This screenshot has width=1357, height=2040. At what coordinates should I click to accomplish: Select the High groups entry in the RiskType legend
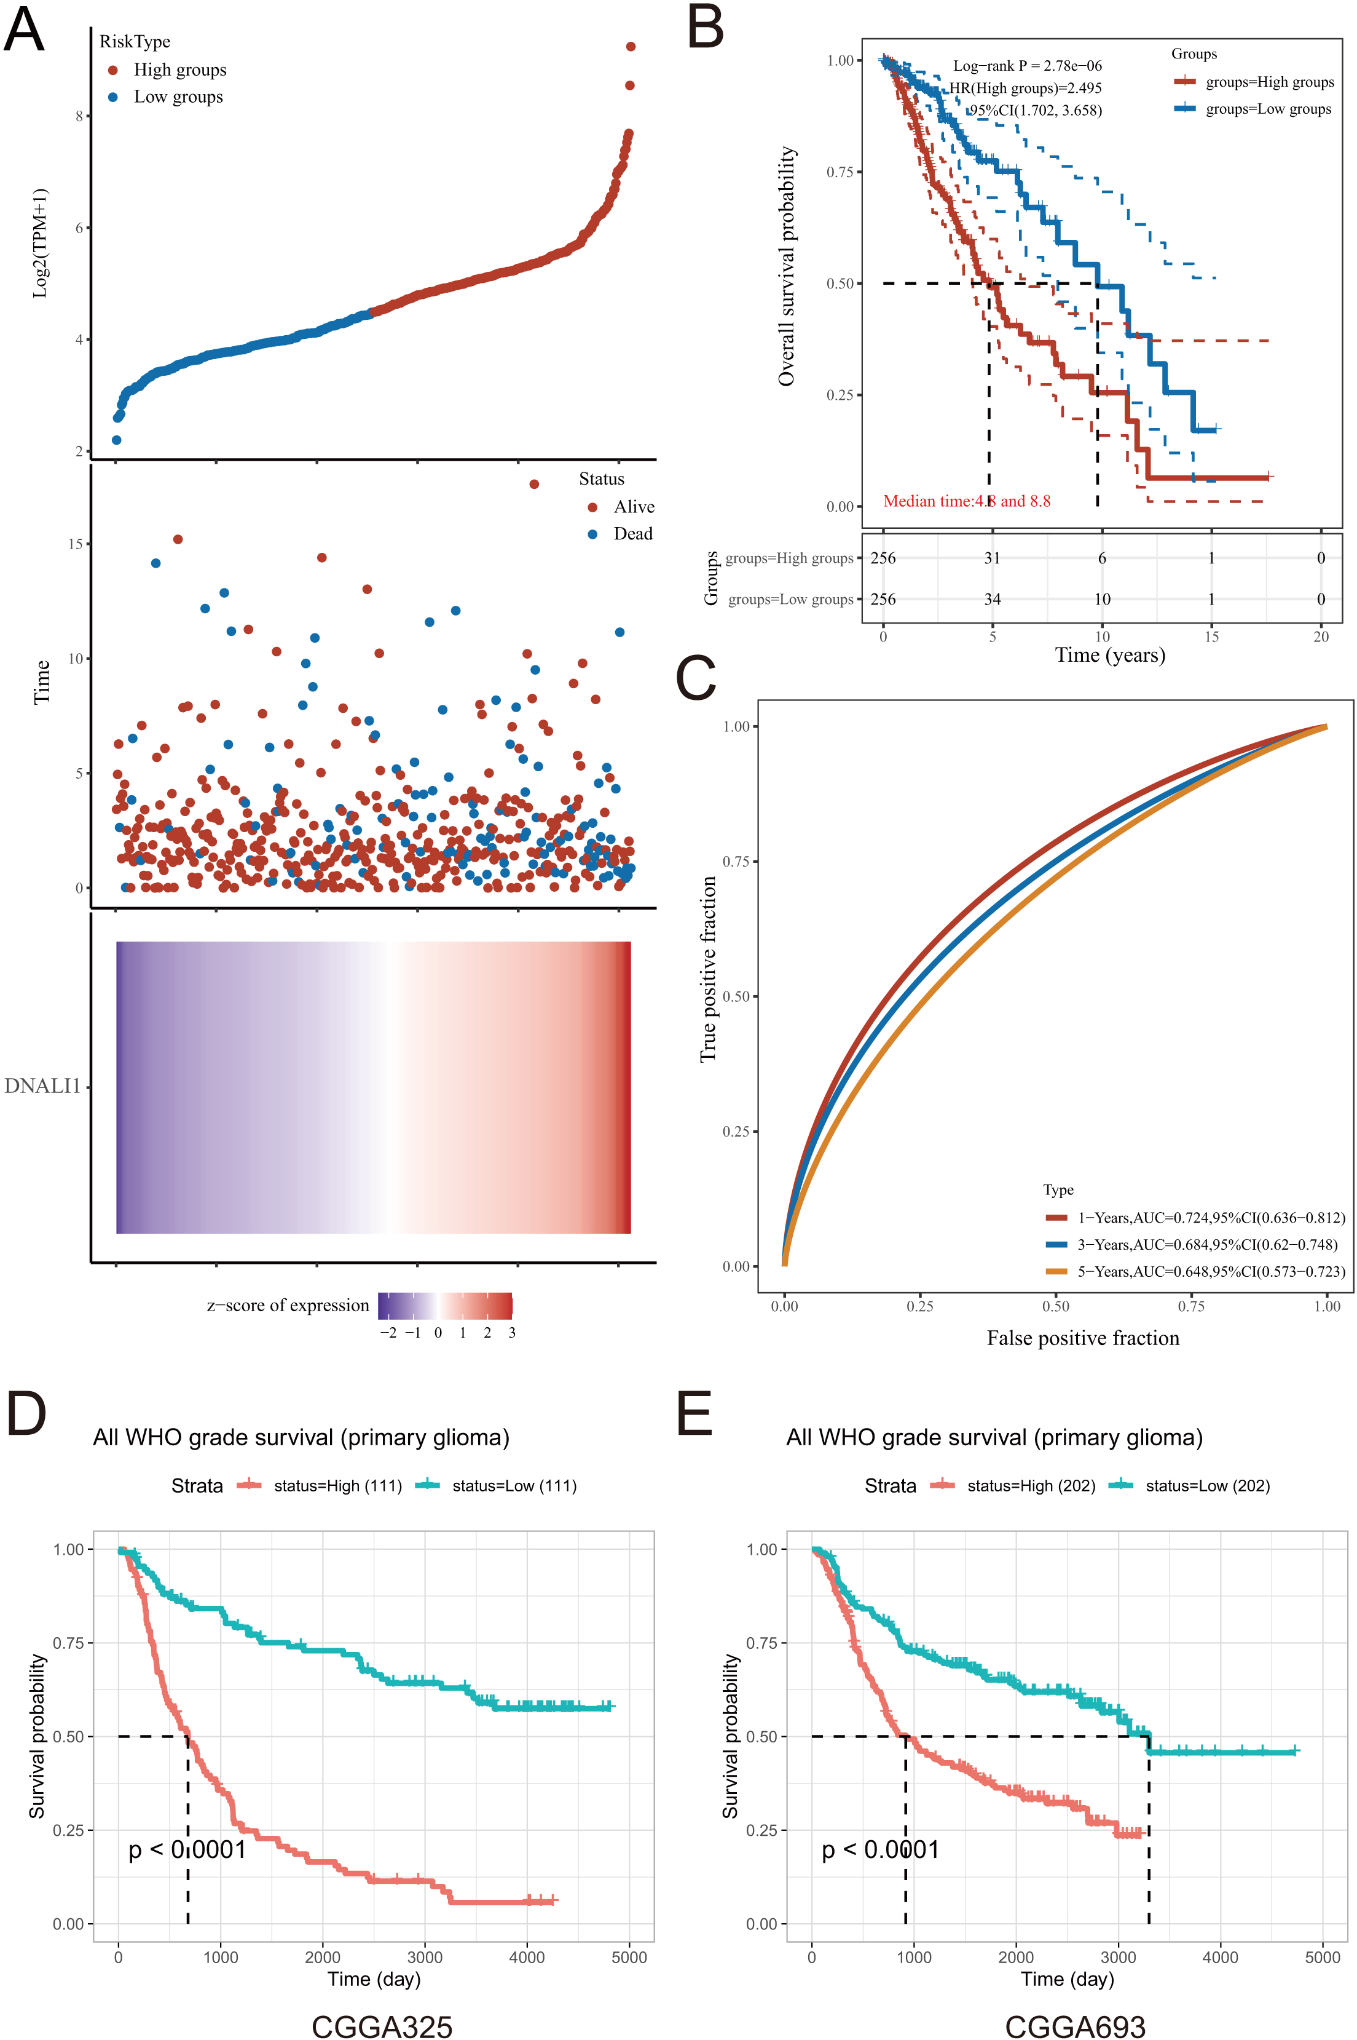[168, 70]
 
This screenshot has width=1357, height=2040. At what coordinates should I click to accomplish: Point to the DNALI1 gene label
[42, 1086]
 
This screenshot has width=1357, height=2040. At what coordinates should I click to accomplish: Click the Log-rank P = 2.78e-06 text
[1027, 66]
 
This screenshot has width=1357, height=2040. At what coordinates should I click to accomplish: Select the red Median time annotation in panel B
[967, 501]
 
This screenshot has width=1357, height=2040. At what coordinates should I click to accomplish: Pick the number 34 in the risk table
[993, 599]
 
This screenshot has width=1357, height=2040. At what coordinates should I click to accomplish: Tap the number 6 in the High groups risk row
[1102, 558]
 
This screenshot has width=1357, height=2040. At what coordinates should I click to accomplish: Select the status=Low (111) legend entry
[496, 1486]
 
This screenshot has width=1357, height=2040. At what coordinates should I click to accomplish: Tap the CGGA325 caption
[382, 2027]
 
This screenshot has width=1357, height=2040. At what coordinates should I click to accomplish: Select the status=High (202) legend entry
[1013, 1486]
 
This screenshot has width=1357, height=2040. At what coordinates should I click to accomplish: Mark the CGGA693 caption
[1075, 2027]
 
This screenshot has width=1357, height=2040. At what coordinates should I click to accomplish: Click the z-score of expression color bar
[446, 1306]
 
